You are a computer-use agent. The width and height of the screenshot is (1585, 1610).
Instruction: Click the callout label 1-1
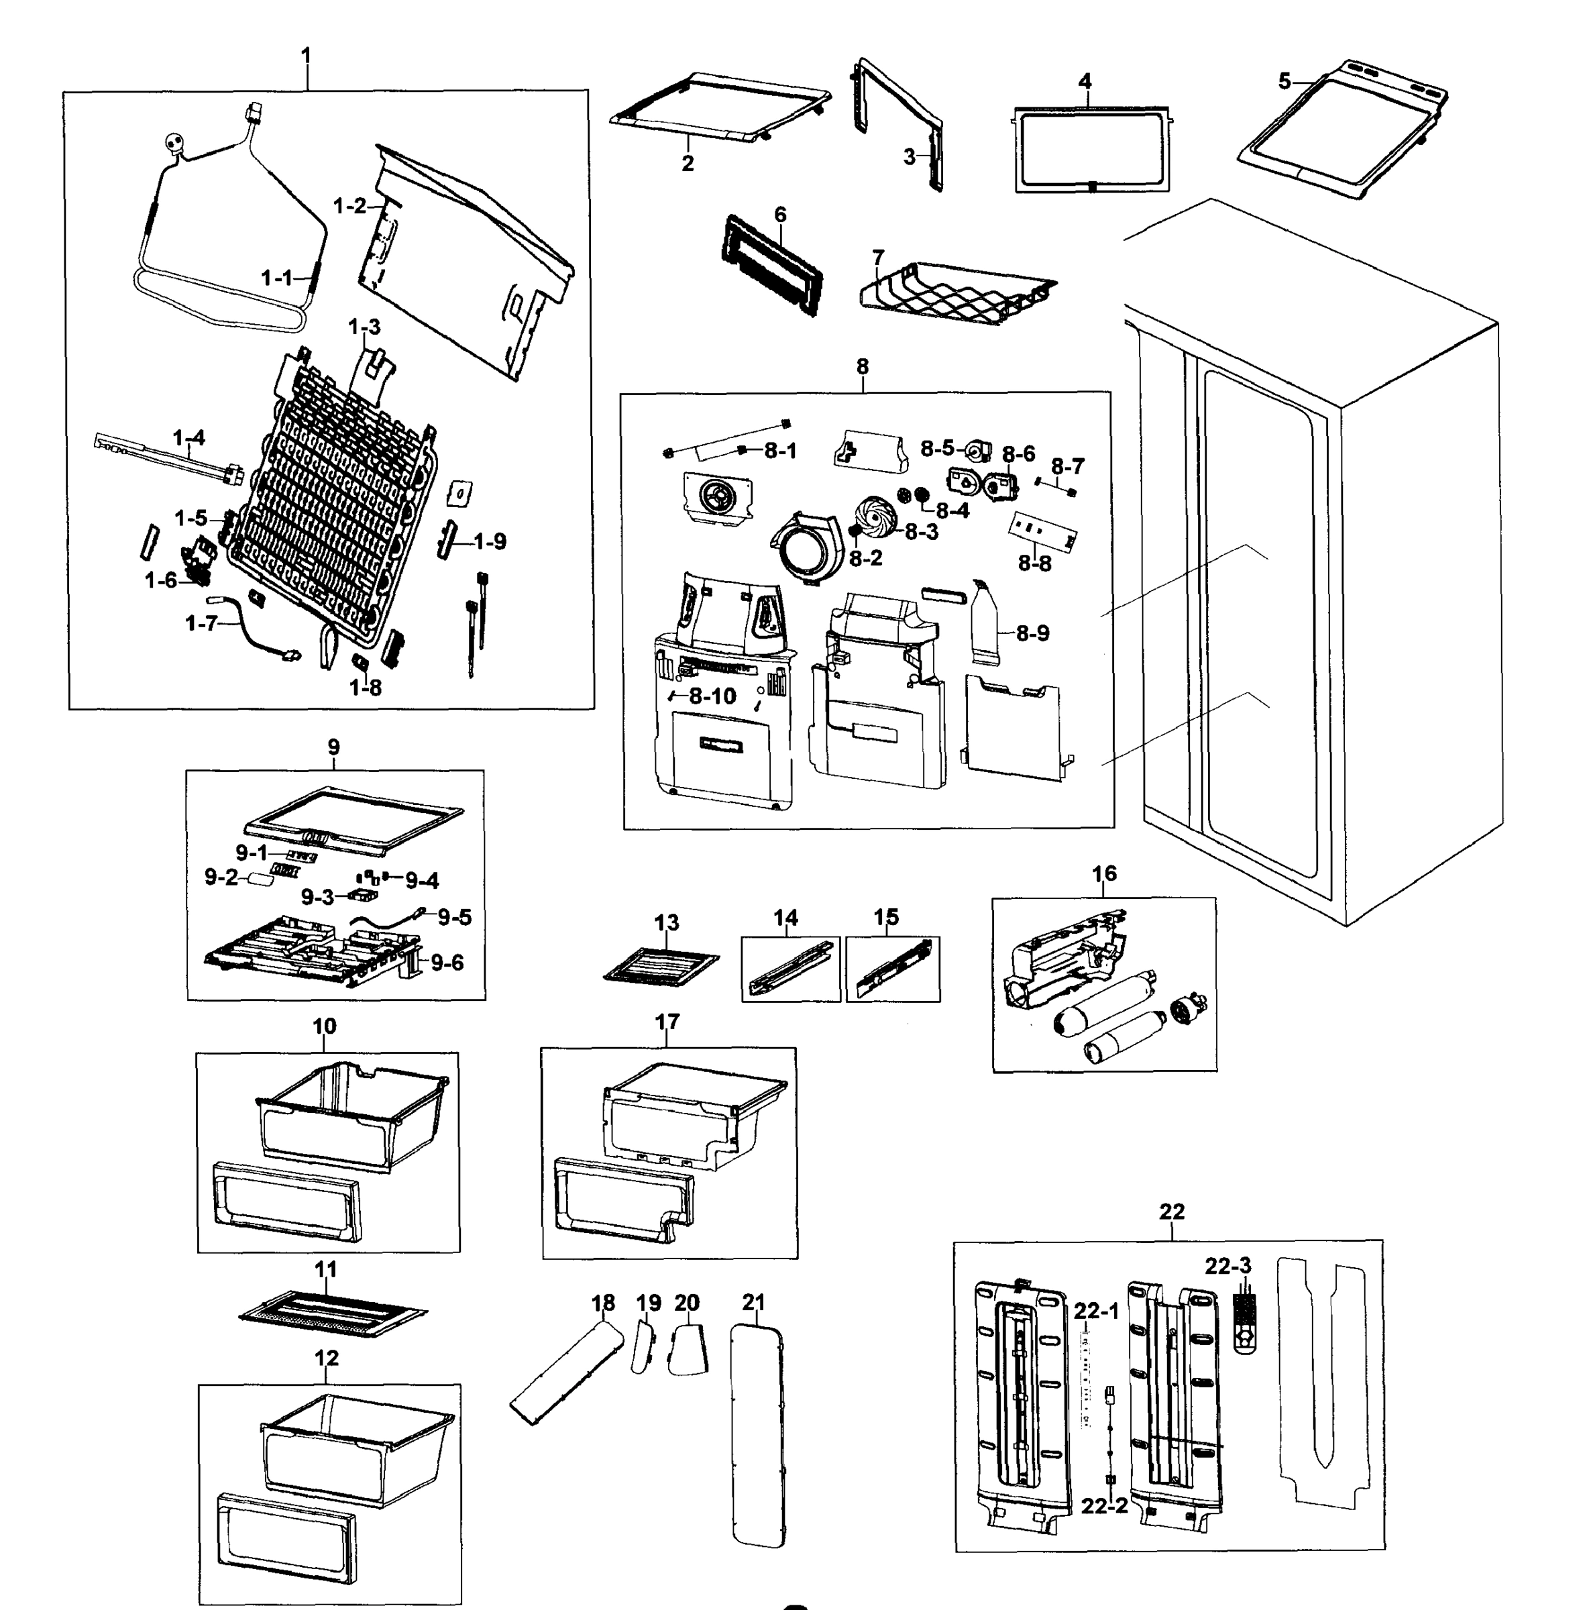pos(277,278)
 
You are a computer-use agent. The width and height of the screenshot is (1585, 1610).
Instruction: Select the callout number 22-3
pos(1228,1265)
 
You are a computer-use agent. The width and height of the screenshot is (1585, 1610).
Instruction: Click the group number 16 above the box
pos(1104,873)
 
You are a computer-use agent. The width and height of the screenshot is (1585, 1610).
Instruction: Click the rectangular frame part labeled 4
pos(1091,150)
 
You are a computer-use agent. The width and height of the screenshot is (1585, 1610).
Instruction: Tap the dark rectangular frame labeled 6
pos(771,266)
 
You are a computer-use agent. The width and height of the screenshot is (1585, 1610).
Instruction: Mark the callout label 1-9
pos(490,542)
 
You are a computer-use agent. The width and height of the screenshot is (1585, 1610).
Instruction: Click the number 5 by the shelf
pos(1285,82)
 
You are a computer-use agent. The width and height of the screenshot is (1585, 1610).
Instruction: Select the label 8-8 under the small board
pos(1035,563)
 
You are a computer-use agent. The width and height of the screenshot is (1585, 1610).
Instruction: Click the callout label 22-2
pos(1104,1505)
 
